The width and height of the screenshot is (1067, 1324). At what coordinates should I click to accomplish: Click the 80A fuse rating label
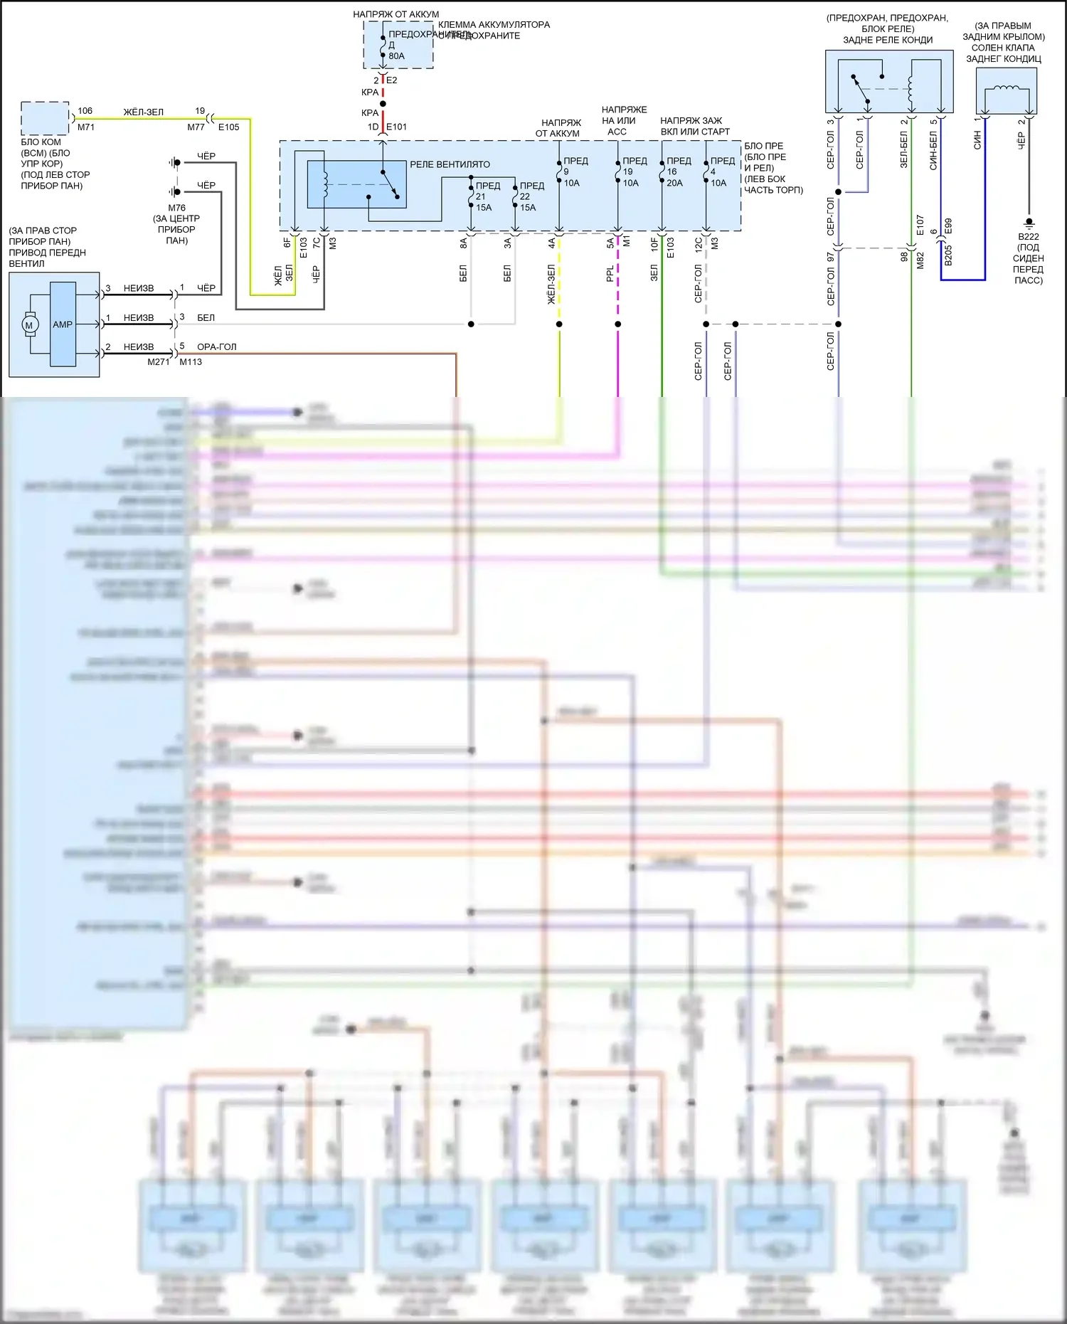click(x=396, y=56)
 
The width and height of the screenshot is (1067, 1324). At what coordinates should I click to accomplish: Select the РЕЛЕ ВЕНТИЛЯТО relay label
click(x=450, y=164)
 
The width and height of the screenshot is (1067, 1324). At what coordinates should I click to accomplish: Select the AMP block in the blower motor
click(x=63, y=324)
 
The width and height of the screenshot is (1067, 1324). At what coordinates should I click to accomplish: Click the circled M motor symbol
click(x=29, y=325)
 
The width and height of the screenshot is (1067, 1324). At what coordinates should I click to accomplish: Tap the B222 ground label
click(x=1028, y=237)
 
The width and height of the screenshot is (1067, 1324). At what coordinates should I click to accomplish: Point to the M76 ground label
click(x=176, y=208)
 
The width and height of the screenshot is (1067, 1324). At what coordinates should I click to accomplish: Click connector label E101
click(x=396, y=127)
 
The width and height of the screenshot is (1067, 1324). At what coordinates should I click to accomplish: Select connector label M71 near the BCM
click(x=85, y=127)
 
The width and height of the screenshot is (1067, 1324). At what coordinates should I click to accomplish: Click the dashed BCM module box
click(x=45, y=118)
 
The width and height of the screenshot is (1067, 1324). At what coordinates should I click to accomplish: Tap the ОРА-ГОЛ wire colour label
click(x=216, y=347)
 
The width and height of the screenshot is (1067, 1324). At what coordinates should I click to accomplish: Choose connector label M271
click(x=158, y=362)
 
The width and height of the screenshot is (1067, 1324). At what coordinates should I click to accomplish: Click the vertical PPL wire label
click(x=610, y=274)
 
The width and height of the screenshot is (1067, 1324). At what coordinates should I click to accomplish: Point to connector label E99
click(x=947, y=226)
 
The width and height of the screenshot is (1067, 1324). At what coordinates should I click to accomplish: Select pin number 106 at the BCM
click(x=85, y=111)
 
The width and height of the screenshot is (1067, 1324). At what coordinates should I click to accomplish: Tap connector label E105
click(x=228, y=127)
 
